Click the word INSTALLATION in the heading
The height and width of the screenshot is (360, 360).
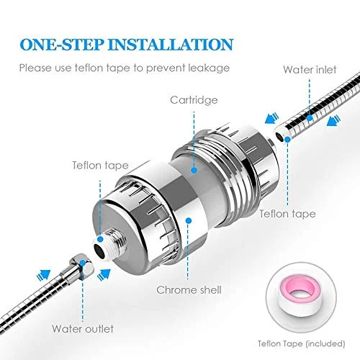tap(171, 44)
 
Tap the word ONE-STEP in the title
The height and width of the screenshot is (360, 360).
tap(62, 44)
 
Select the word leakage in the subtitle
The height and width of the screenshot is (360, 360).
tap(209, 68)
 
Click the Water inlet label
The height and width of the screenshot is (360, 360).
tap(310, 70)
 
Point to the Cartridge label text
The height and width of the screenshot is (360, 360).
tap(194, 100)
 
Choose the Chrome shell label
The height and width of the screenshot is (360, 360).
tap(189, 290)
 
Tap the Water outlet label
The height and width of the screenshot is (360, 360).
tap(83, 329)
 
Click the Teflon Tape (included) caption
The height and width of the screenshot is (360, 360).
tap(302, 343)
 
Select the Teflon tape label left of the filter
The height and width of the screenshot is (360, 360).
tap(100, 166)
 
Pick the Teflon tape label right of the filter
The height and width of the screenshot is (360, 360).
tap(287, 214)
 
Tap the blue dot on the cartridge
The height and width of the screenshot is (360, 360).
tap(194, 170)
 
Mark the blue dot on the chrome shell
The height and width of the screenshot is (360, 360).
tap(189, 220)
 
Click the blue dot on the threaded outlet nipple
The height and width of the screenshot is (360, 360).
tap(101, 239)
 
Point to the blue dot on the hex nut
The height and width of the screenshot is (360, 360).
tap(83, 263)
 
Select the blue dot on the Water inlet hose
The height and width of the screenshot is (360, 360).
tap(310, 118)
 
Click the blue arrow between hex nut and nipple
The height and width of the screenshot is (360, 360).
tap(104, 274)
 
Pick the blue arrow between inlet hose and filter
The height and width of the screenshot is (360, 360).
tap(271, 118)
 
